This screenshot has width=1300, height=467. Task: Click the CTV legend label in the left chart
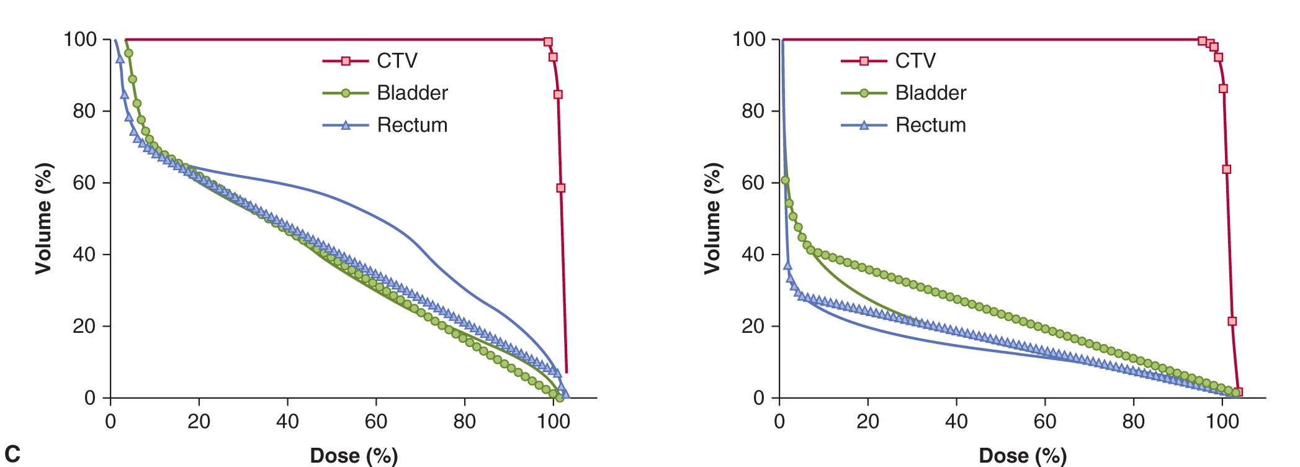click(397, 61)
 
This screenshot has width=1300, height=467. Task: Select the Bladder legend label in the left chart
click(412, 93)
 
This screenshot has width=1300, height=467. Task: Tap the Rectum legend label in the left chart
click(412, 125)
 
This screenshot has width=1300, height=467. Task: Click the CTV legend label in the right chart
click(915, 61)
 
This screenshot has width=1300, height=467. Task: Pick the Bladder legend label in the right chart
click(930, 93)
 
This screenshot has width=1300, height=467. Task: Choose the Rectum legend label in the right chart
click(930, 125)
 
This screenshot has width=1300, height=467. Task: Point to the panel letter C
click(12, 453)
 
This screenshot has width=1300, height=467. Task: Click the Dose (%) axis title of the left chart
click(354, 455)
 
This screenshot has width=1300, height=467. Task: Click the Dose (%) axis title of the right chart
click(1023, 455)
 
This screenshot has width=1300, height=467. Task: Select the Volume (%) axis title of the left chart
click(43, 219)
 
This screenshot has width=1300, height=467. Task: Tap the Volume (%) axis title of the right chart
click(712, 219)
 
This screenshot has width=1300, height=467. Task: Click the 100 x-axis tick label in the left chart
click(553, 422)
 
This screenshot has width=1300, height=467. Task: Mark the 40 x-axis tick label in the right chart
click(956, 422)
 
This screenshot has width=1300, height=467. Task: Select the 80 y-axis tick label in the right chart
click(753, 111)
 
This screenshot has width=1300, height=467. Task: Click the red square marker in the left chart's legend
click(346, 61)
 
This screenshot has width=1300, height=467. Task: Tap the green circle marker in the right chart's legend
click(864, 93)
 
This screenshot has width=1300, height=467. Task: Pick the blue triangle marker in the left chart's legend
click(346, 125)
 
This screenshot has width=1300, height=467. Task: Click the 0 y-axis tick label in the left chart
click(91, 398)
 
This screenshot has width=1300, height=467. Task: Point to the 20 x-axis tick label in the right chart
click(867, 422)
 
